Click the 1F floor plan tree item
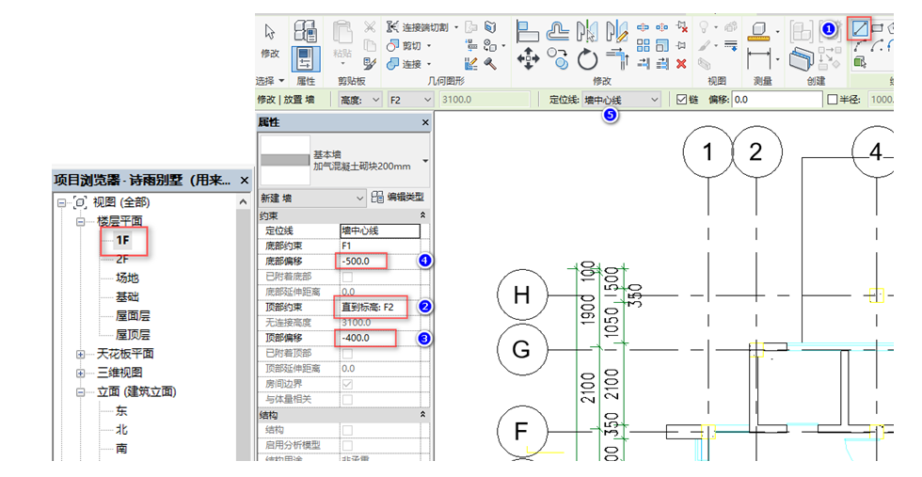tap(122, 240)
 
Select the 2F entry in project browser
tap(122, 259)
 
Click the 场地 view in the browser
tap(127, 278)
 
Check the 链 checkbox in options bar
tap(683, 99)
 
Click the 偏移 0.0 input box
tap(776, 99)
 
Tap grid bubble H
tap(521, 295)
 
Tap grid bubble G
tap(521, 348)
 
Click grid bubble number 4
tap(876, 151)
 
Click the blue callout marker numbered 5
tap(610, 115)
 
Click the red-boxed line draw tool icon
tap(859, 29)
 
